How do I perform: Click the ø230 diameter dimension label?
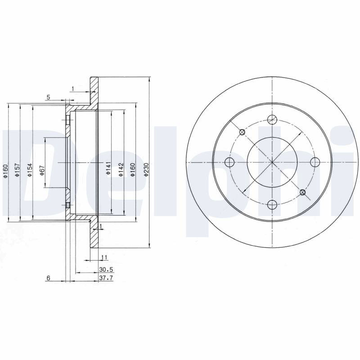tap(146, 170)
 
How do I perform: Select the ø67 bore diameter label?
tap(42, 171)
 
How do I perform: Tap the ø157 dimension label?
tap(18, 170)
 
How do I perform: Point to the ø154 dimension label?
tap(30, 170)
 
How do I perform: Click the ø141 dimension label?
tap(108, 168)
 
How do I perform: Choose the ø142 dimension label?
tap(121, 170)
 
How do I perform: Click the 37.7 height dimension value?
tap(106, 278)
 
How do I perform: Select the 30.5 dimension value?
tap(106, 269)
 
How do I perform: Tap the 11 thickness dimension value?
tap(104, 257)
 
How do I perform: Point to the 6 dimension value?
tap(48, 278)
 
